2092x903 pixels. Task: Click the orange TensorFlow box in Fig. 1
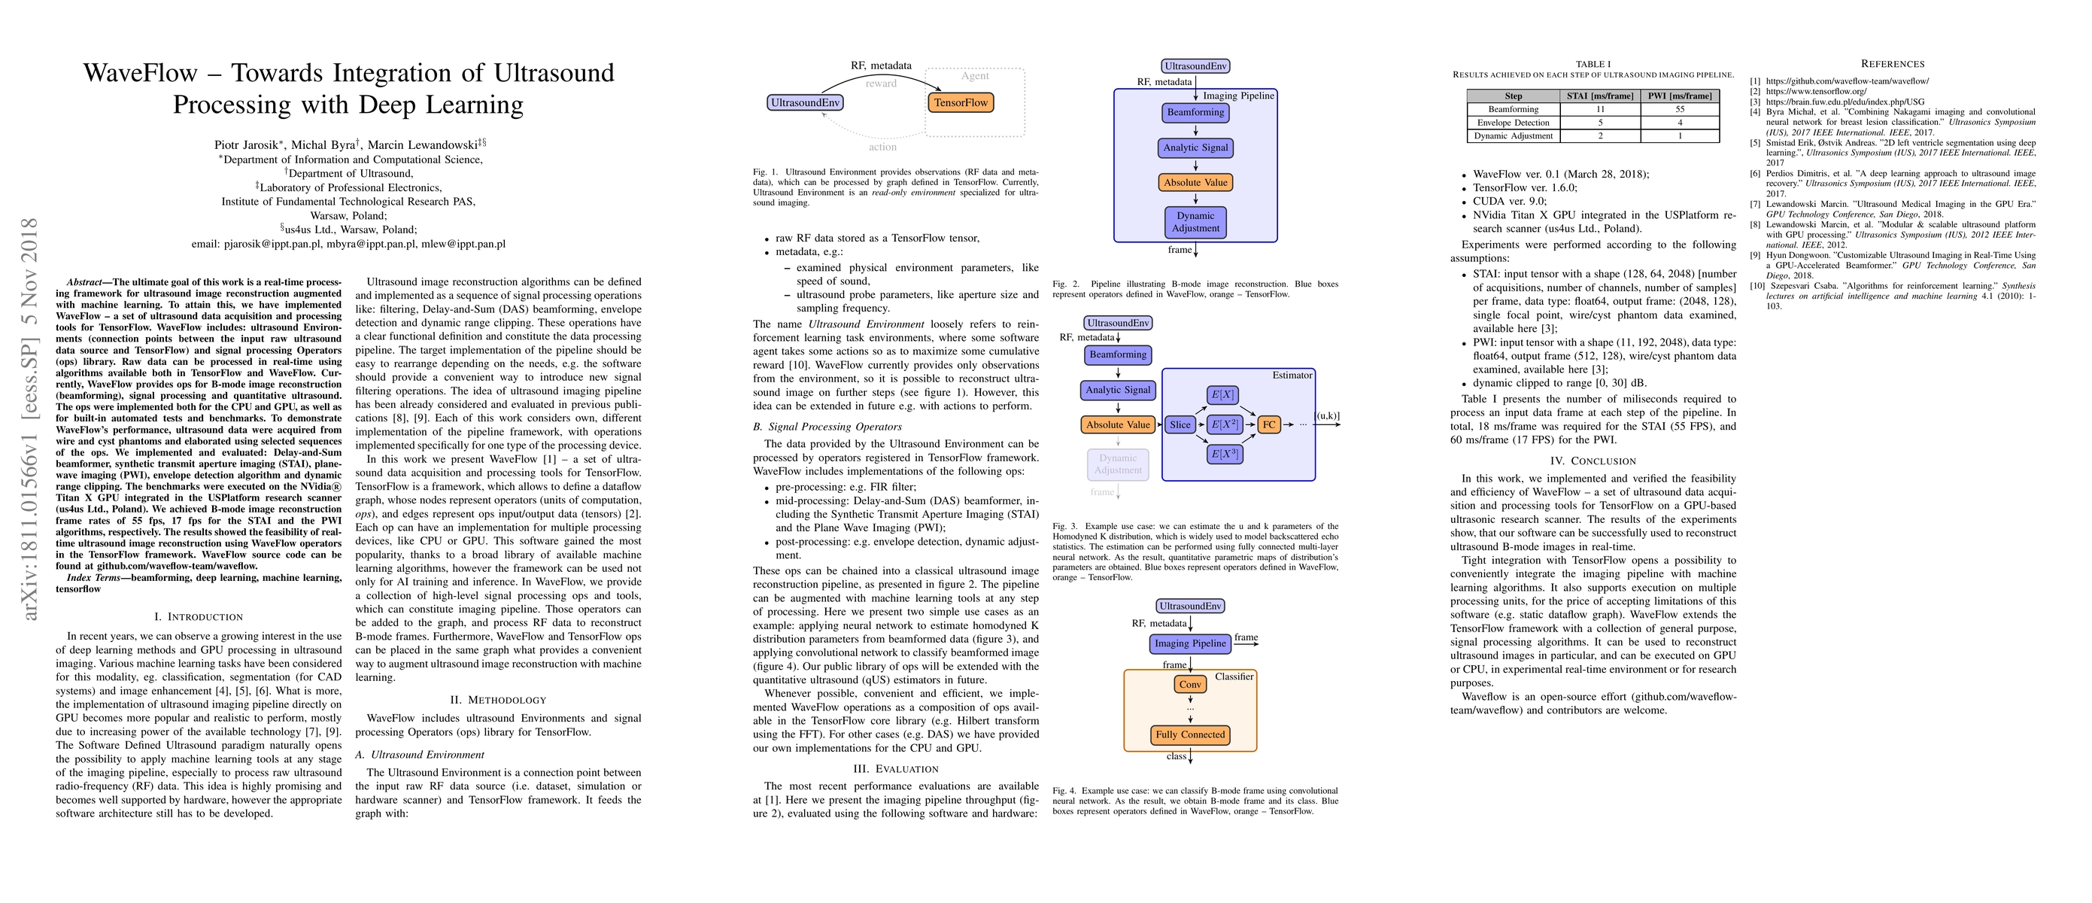point(960,103)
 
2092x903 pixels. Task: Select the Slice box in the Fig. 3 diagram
point(1180,424)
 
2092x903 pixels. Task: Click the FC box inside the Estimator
point(1268,424)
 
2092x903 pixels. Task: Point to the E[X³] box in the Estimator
point(1224,455)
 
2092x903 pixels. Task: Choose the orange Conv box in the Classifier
point(1190,685)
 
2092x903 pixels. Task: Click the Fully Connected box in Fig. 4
point(1190,735)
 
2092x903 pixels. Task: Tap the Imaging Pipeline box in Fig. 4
point(1190,644)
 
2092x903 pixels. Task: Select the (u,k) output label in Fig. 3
point(1328,417)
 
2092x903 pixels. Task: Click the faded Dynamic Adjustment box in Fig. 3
point(1118,464)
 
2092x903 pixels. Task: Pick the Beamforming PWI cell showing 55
point(1680,110)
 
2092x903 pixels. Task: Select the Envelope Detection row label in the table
point(1513,123)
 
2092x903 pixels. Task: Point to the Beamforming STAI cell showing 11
point(1600,110)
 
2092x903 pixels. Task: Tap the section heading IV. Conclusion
point(1593,461)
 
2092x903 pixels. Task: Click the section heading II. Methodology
point(498,700)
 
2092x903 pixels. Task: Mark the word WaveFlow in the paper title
point(141,73)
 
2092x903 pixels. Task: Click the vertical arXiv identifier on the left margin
point(29,419)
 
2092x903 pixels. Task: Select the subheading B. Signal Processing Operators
point(827,427)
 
